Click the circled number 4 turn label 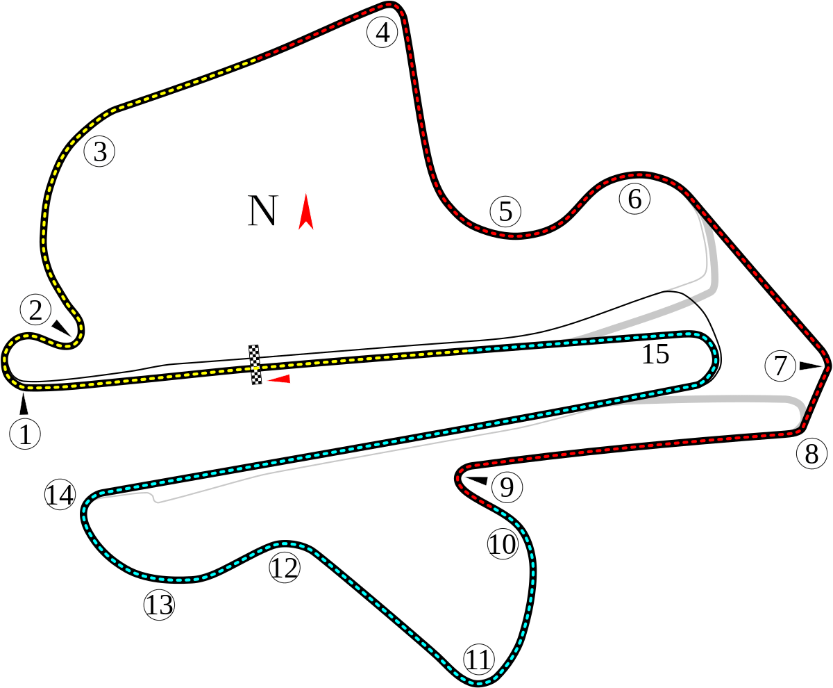[x=382, y=33]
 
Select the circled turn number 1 [x=25, y=434]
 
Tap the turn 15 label [x=655, y=354]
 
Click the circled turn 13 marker [x=159, y=605]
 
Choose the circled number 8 [x=812, y=454]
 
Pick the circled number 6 [x=634, y=199]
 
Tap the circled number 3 [x=100, y=151]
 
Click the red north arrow [x=306, y=212]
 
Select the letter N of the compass [x=262, y=211]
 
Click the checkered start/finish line [x=255, y=365]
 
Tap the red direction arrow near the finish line [x=278, y=379]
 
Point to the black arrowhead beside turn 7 [x=810, y=366]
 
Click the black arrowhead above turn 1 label [x=24, y=404]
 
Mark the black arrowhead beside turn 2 [x=61, y=327]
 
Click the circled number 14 [x=60, y=495]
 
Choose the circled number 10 [x=503, y=543]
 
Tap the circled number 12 [x=285, y=568]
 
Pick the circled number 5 [x=505, y=211]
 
